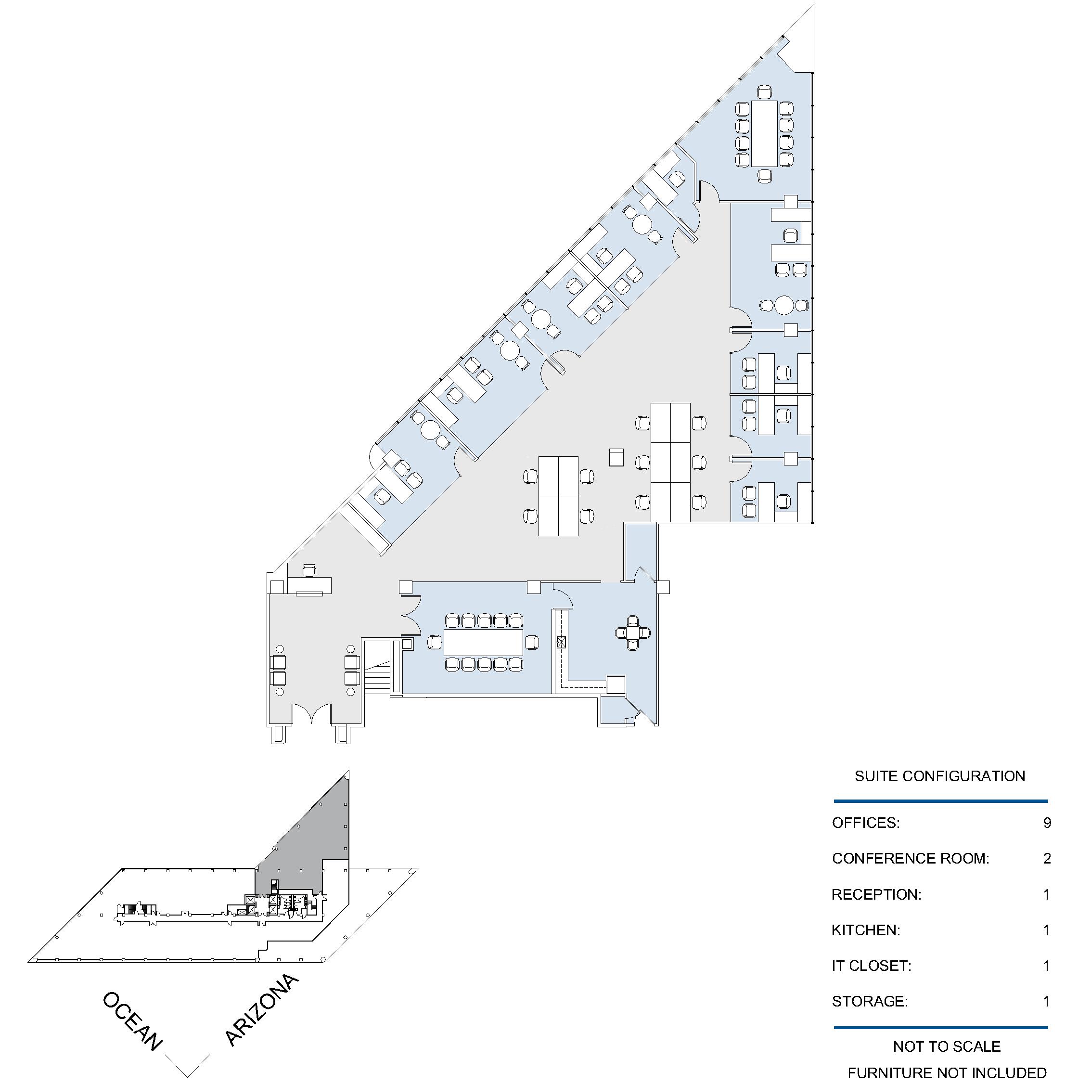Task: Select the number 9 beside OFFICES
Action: point(1047,823)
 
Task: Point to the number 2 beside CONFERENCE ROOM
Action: point(1047,858)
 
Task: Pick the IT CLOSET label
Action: point(871,966)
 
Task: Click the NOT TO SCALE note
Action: point(947,1046)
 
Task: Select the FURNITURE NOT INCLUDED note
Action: point(947,1073)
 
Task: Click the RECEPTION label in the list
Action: point(876,894)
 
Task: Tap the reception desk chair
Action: point(309,570)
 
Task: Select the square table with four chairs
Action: point(633,633)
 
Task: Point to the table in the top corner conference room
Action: point(764,133)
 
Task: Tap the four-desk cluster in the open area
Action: point(558,496)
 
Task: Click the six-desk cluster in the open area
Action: point(670,462)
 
